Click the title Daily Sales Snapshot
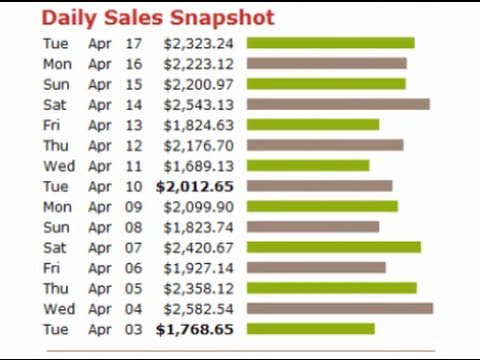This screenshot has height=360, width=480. tap(157, 18)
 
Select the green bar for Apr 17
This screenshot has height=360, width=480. tap(330, 43)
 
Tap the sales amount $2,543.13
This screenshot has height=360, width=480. tap(201, 104)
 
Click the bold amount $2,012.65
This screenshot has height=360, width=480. tap(196, 186)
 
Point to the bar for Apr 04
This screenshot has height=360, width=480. tap(340, 308)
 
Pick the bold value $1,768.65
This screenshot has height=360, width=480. tap(196, 329)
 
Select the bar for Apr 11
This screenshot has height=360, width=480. tap(308, 165)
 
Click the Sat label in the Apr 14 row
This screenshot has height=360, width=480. tap(55, 104)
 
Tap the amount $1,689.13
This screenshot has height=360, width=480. tap(201, 165)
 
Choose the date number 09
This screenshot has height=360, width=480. tap(135, 206)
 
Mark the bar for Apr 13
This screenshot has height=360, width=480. tap(313, 124)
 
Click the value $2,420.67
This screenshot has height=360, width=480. tap(201, 247)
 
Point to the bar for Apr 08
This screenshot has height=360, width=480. tap(313, 227)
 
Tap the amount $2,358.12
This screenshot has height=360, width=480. tap(201, 288)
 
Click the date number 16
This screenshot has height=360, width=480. tap(135, 63)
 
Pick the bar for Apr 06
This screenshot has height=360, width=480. tap(316, 267)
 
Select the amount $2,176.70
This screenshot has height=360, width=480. tap(201, 145)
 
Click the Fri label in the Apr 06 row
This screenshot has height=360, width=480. tap(53, 267)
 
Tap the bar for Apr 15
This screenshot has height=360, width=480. tap(326, 84)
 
